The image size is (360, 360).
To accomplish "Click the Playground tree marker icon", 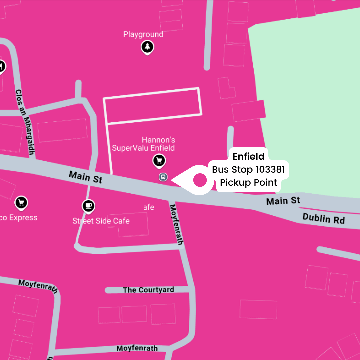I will (x=147, y=47).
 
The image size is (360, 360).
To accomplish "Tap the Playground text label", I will (x=143, y=34).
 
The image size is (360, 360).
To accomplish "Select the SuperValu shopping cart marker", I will (x=159, y=161).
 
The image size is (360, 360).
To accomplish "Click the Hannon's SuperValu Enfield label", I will (x=143, y=144).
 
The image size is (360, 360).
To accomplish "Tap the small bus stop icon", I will (x=163, y=177).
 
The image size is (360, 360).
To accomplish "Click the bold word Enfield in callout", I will (x=248, y=156).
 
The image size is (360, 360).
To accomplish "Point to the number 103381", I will (x=270, y=170).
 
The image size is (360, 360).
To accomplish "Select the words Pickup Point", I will (x=248, y=183).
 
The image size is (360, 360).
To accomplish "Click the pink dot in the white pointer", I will (x=200, y=180).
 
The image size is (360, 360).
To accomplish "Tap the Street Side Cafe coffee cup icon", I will (x=88, y=206).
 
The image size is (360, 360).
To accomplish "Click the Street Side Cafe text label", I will (x=101, y=221).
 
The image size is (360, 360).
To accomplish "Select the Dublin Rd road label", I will (x=323, y=219).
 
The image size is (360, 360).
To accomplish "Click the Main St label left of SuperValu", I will (x=85, y=177).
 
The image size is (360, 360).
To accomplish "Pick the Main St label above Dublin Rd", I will (x=283, y=201).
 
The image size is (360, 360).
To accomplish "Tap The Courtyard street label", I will (x=148, y=290).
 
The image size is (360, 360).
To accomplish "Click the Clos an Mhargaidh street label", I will (x=25, y=122).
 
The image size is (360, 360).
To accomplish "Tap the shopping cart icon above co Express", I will (x=21, y=202).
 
